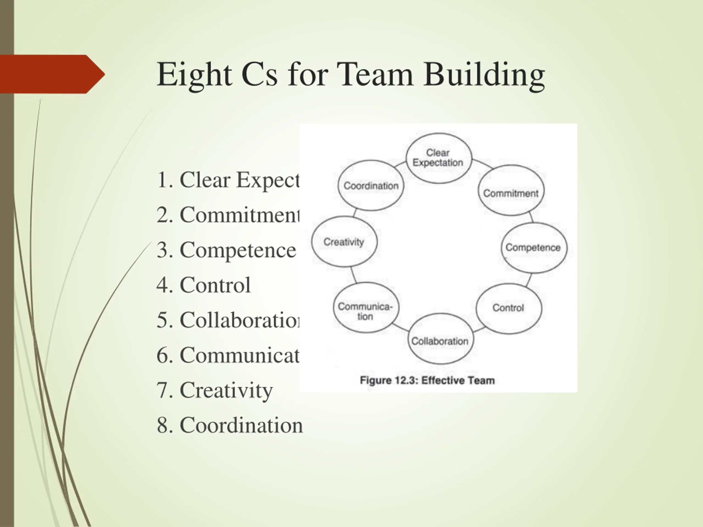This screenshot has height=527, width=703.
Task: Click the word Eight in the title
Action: point(194,75)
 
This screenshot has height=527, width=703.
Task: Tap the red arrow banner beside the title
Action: point(51,74)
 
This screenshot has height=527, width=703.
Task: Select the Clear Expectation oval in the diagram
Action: point(438,158)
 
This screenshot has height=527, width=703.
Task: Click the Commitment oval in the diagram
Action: point(511,190)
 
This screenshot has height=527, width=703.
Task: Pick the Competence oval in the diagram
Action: point(534,248)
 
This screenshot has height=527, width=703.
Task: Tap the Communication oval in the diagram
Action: point(366,308)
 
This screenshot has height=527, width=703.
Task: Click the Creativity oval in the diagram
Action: point(344,242)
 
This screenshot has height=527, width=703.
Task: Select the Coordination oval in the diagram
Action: point(370,186)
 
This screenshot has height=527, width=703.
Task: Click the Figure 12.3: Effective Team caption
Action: point(427,380)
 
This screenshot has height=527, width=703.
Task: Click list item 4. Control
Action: point(204,285)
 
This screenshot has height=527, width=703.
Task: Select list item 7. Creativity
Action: point(215,390)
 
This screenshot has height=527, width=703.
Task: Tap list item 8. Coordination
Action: point(230,425)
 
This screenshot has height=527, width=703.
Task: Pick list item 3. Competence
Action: point(226,250)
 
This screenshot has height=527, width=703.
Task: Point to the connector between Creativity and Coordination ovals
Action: point(355,213)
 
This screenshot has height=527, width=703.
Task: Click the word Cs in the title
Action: point(259,75)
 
